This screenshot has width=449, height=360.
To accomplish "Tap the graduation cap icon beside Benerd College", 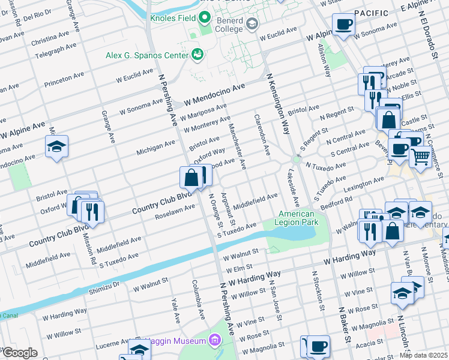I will (252, 25).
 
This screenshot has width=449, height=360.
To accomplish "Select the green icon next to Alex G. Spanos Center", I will (196, 55).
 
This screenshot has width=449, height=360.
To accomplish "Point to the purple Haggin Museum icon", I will (214, 341).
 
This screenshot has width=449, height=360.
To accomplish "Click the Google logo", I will (19, 353).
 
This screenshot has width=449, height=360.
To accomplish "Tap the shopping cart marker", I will (421, 157).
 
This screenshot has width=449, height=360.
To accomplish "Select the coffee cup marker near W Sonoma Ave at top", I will (345, 25).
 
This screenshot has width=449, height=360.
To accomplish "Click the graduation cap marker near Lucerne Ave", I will (139, 349).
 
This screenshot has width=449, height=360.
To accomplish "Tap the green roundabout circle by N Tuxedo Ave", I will (296, 159).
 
